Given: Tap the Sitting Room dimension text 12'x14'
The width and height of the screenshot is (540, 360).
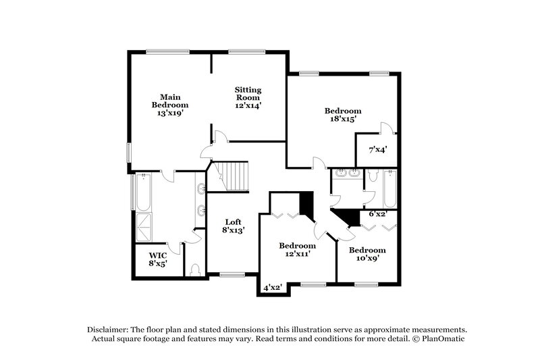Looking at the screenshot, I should point(248,105).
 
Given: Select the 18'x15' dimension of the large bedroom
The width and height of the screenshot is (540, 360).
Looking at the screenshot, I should point(342,119).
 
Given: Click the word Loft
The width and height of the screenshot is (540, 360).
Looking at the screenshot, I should point(234,222).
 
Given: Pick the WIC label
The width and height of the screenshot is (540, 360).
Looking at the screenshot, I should point(157,255).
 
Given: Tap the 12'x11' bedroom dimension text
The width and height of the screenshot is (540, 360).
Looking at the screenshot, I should point(298,254).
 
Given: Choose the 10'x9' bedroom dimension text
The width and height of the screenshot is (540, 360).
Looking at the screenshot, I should point(367,258).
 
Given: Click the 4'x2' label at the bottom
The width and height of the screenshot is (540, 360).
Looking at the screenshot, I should point(272,288).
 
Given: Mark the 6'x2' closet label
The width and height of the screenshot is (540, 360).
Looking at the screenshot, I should point(378,214).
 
